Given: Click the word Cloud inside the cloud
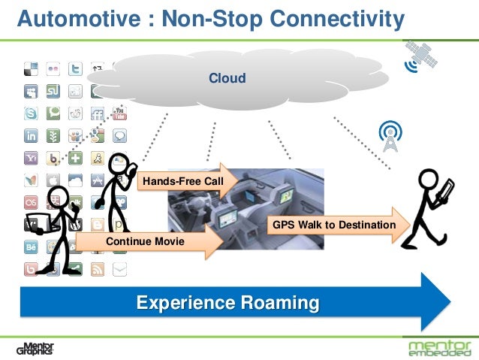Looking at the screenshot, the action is (227, 78).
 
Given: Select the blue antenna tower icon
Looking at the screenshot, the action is (390, 136).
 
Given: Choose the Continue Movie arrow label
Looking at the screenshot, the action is (146, 241).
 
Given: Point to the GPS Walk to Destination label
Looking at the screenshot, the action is (333, 225).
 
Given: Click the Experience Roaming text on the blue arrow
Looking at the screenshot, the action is (227, 304).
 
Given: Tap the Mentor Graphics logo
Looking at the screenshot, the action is (35, 348).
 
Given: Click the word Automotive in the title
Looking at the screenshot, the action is (71, 17).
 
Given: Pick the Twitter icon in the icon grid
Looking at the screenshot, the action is (75, 70).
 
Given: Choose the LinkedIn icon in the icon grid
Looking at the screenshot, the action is (32, 136).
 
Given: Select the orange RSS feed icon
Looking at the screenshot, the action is (97, 268).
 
